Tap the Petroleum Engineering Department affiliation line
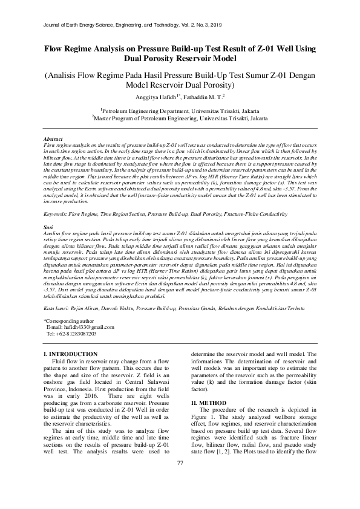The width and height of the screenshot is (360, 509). [180, 111]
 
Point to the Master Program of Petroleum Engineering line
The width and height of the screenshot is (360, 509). [180, 119]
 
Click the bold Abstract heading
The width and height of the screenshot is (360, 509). [54, 139]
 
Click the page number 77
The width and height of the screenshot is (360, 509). [180, 480]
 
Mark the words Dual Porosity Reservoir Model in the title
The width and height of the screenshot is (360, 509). [180, 59]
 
